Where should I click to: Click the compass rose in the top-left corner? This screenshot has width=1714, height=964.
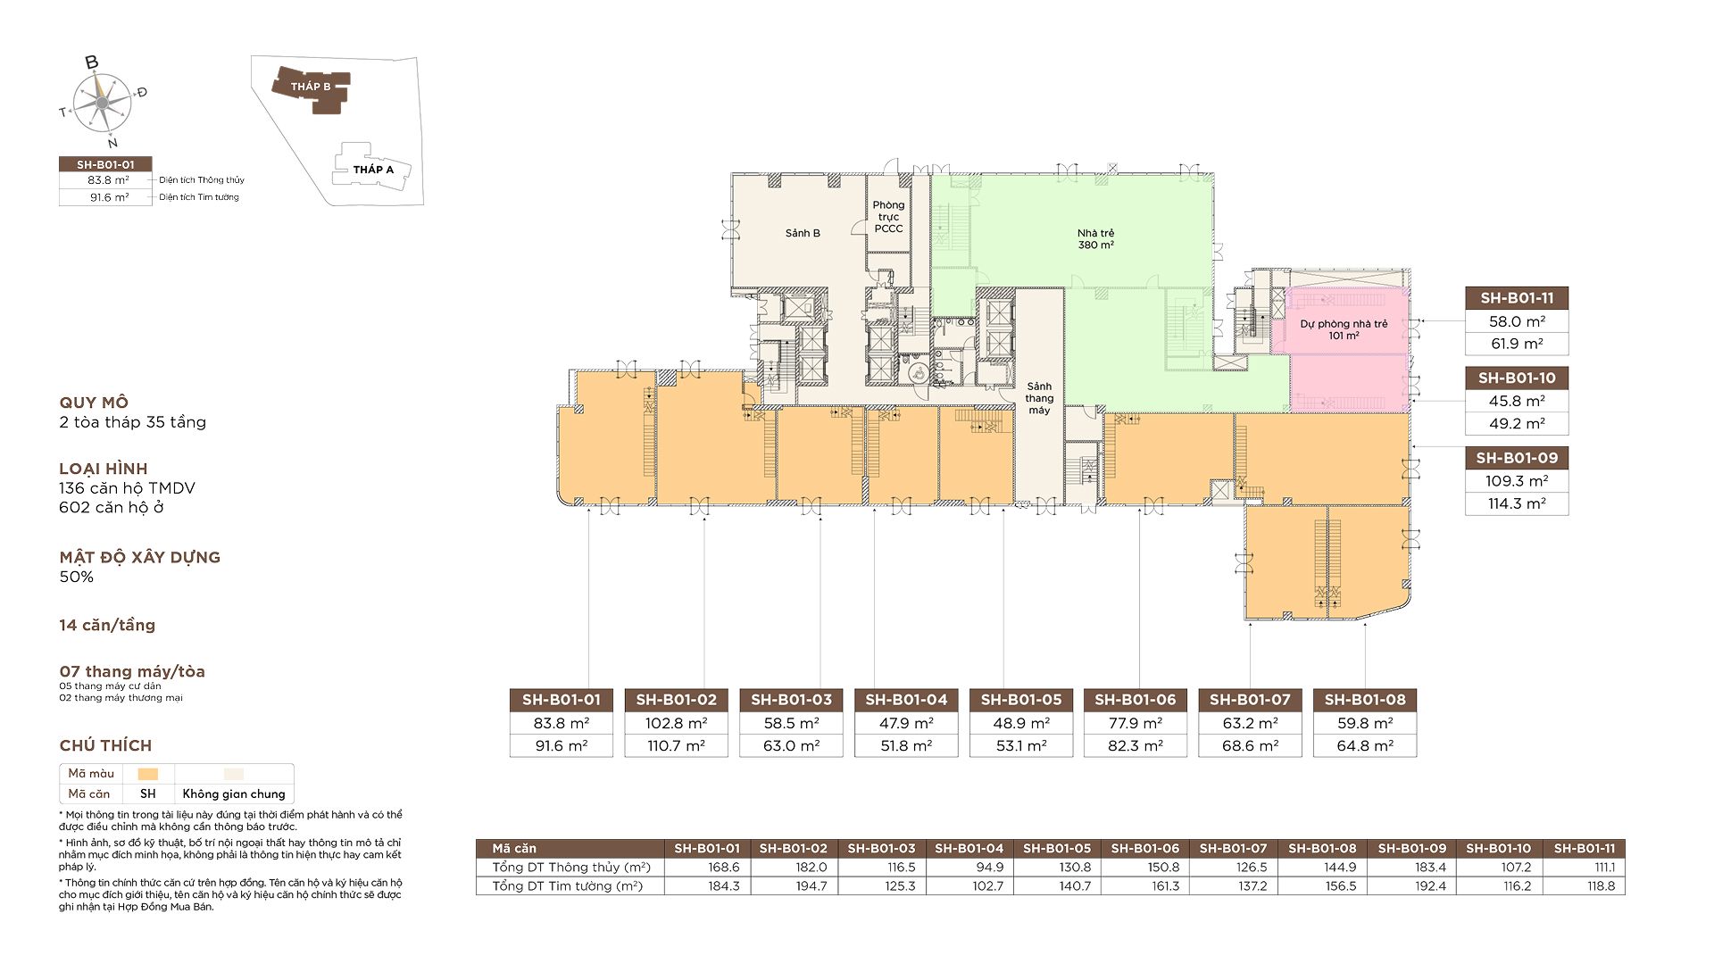103,102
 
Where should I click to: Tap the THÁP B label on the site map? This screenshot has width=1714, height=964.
311,87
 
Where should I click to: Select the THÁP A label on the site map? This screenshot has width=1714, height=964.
373,170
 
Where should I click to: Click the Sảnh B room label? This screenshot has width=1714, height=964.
803,233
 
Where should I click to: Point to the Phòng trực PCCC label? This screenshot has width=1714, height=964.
888,217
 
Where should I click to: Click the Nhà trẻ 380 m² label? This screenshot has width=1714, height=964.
1095,239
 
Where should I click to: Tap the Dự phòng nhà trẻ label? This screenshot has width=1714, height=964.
1344,324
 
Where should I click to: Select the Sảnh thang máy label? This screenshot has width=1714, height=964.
1039,398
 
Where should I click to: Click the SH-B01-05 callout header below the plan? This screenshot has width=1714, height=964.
1021,700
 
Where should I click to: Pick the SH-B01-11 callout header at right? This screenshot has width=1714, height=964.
1517,298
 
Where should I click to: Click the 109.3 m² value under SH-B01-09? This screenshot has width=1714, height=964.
1517,481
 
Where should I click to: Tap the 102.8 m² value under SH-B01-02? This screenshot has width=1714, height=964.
676,723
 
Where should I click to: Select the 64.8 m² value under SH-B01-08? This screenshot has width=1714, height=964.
1365,746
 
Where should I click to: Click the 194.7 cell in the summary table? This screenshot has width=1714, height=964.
811,886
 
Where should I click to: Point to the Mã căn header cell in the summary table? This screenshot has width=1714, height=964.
514,849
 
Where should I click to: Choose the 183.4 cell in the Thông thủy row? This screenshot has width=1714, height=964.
1430,868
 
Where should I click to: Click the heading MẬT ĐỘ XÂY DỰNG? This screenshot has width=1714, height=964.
140,557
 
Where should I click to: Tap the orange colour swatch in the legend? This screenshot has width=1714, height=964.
148,774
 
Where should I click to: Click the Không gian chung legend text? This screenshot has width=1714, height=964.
234,794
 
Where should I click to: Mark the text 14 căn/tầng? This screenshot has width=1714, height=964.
107,625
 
